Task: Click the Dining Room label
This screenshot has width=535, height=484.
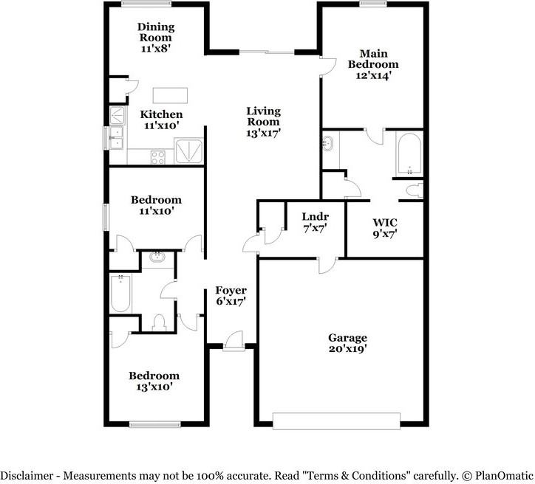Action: click(156, 32)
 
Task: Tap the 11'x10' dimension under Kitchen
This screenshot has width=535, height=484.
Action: click(162, 126)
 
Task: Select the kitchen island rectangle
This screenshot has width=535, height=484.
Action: click(170, 96)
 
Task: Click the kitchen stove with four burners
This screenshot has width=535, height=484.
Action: click(159, 156)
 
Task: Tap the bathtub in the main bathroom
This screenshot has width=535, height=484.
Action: click(408, 154)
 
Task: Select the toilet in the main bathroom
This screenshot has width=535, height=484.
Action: click(414, 190)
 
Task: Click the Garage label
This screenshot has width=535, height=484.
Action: click(347, 338)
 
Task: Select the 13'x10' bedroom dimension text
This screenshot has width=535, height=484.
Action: click(155, 386)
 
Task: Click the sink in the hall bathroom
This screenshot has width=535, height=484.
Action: click(157, 257)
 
